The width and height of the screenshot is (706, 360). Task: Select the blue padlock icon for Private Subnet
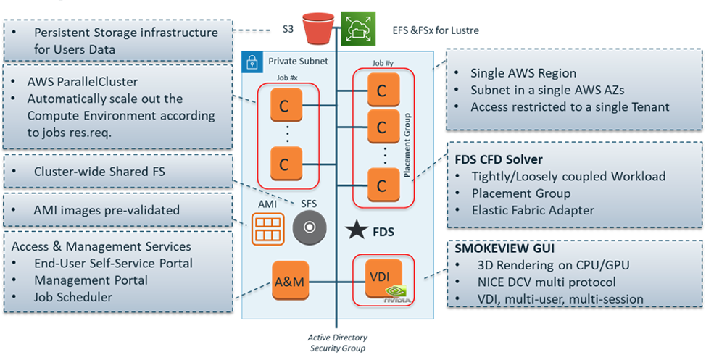coord(252,61)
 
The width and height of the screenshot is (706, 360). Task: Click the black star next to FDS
coord(356,232)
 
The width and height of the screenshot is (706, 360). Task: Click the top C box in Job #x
coord(285,107)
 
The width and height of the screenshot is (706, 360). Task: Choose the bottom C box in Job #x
coord(285,162)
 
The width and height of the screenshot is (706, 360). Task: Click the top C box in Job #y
coord(381,91)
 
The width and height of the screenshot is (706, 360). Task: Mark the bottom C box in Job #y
coord(381,185)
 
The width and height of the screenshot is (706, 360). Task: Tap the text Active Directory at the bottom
coord(337,338)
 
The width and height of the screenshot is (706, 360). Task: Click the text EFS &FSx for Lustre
coord(431,30)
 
